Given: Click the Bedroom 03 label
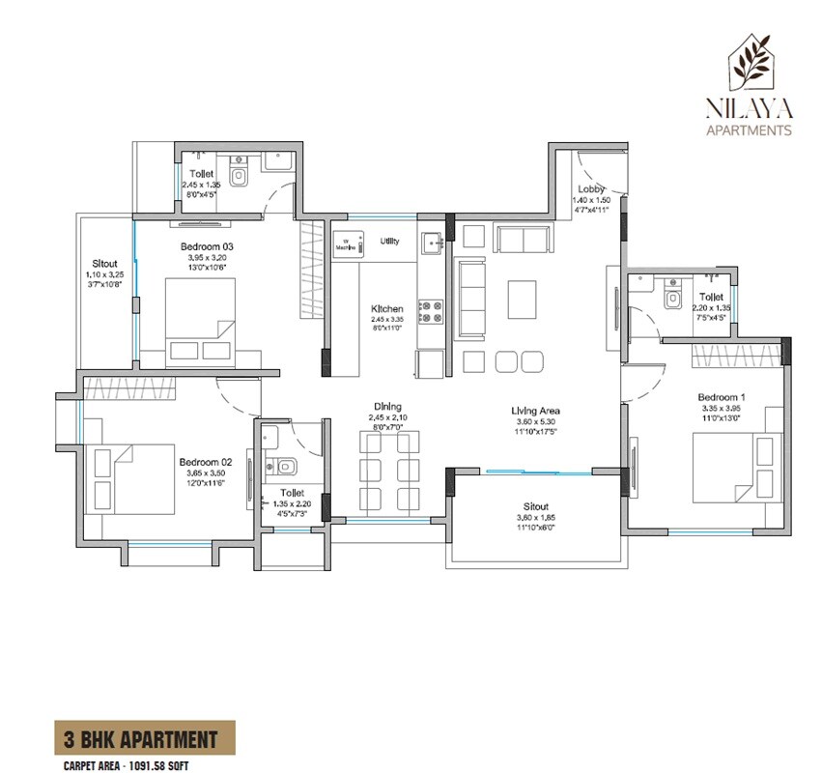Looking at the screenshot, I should click(x=207, y=247).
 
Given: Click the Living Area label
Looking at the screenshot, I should click(x=536, y=411).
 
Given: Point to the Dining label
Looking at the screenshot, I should click(x=388, y=407).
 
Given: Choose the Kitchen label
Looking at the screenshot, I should click(x=387, y=309).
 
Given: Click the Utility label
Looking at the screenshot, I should click(x=389, y=242).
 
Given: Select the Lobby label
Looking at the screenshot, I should click(x=591, y=189).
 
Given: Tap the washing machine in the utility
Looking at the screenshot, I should click(x=347, y=243).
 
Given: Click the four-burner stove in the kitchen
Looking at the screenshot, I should click(x=430, y=310).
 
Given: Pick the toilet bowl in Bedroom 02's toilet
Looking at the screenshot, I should click(x=282, y=468).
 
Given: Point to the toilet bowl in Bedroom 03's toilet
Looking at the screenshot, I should click(x=239, y=177).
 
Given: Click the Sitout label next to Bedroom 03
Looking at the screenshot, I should click(x=104, y=263).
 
